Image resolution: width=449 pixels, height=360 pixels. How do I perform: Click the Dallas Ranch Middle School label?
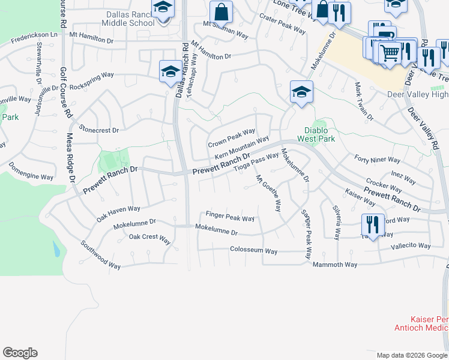pyautogui.click(x=128, y=18)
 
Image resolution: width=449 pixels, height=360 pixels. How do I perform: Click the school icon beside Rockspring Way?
pyautogui.click(x=170, y=71)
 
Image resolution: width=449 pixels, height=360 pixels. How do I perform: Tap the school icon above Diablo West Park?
pyautogui.click(x=301, y=92)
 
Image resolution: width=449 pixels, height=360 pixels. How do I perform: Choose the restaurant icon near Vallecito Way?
pyautogui.click(x=373, y=225)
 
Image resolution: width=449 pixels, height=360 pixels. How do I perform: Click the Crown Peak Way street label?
pyautogui.click(x=232, y=137)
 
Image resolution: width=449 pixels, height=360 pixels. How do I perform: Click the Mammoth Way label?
pyautogui.click(x=336, y=265)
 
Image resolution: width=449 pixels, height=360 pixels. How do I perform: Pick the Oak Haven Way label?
pyautogui.click(x=118, y=213)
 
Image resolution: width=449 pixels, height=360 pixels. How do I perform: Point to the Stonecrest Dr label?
pyautogui.click(x=99, y=130)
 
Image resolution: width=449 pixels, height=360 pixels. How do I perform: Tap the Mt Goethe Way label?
pyautogui.click(x=268, y=193)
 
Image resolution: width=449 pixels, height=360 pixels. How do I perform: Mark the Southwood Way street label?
pyautogui.click(x=101, y=255)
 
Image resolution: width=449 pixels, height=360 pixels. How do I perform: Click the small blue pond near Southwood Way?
pyautogui.click(x=56, y=248)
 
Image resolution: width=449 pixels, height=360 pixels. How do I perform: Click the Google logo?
pyautogui.click(x=20, y=353)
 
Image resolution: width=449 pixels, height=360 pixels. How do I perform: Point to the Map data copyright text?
pyautogui.click(x=412, y=355)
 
